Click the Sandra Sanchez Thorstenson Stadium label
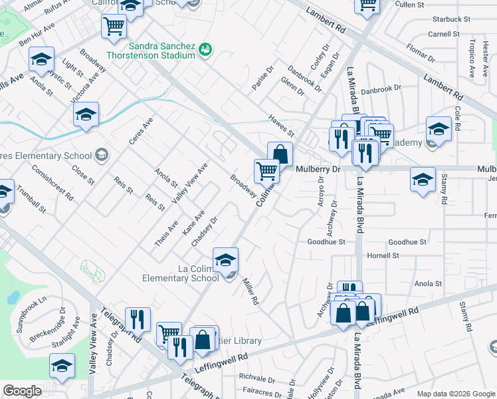coord(153,51)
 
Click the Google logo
coord(23,391)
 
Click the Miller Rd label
coord(250,291)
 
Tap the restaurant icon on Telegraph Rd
coord(138,319)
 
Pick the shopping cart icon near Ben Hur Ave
coord(114,27)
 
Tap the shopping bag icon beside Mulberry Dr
coord(280,154)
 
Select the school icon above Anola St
coord(41,60)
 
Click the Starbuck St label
coord(445,19)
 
